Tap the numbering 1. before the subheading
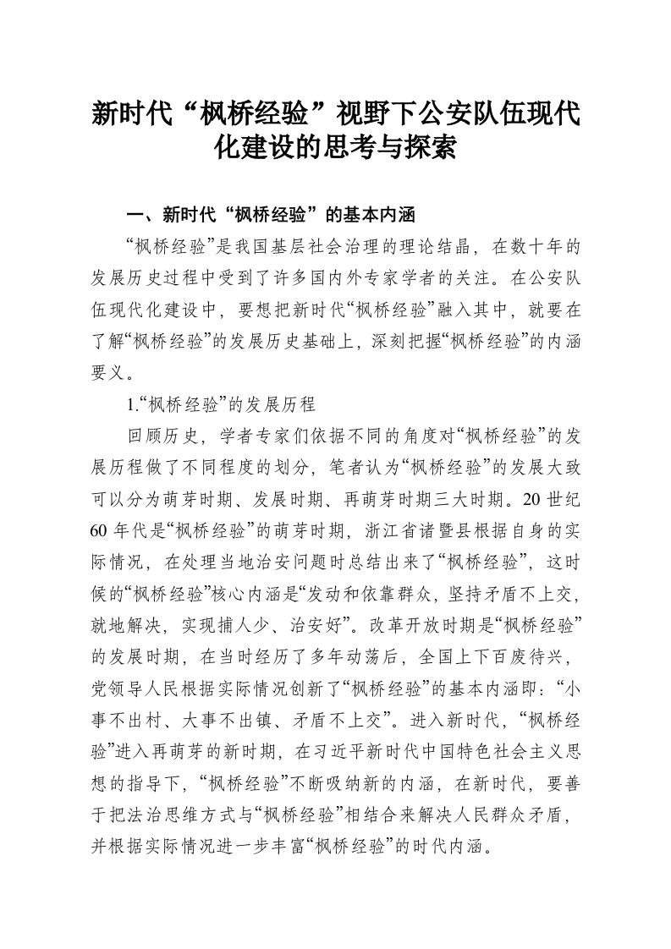130,403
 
